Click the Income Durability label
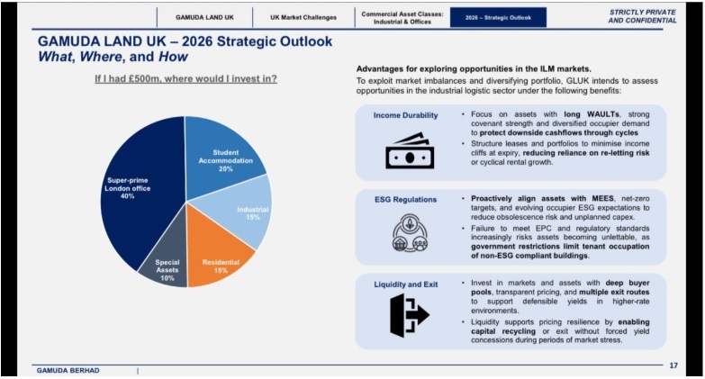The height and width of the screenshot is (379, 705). point(405,116)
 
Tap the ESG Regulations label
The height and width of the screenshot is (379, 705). point(405,199)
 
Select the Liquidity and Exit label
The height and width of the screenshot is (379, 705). point(405,284)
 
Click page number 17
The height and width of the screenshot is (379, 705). point(673,365)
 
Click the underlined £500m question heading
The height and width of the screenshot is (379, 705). point(186,79)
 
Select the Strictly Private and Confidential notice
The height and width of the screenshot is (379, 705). point(643,16)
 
